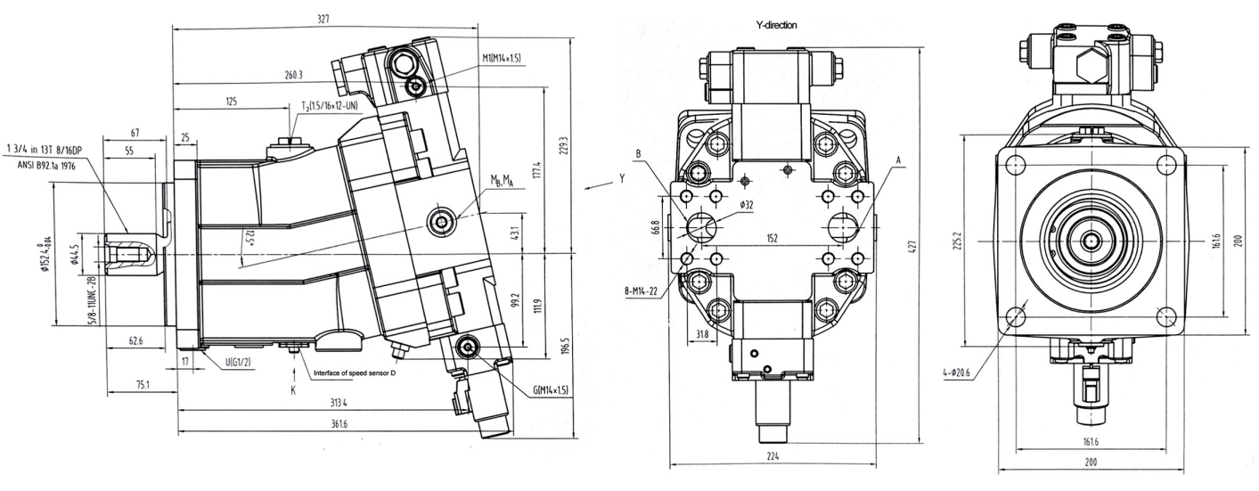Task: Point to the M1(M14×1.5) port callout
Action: [x=502, y=58]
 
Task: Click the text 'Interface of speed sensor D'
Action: [x=354, y=373]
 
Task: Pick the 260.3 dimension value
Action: [x=294, y=75]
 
